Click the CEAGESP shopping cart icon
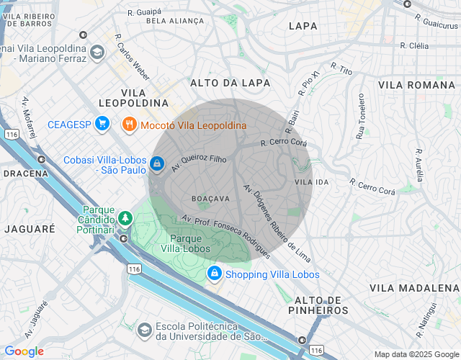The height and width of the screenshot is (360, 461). coord(102,125)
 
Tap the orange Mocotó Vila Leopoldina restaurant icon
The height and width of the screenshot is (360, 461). coord(130,125)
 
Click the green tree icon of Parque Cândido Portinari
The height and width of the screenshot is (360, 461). coord(126,217)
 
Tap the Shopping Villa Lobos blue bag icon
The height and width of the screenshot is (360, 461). coord(214,274)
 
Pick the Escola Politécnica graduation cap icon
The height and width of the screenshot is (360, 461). coord(144,330)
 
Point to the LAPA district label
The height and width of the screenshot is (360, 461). coord(303,26)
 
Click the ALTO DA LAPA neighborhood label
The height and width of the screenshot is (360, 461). coord(230,83)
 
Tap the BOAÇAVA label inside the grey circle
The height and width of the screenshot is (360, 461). coord(210,198)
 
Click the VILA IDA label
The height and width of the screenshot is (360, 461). coord(312,183)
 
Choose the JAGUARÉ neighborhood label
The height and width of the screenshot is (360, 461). coord(30,228)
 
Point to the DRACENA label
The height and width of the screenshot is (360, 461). coord(25,174)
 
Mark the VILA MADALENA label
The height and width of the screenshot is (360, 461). coord(413,287)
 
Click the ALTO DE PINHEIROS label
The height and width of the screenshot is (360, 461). coord(321,305)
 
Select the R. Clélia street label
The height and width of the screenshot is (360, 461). coord(415,45)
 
